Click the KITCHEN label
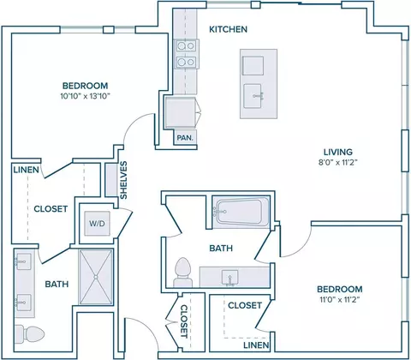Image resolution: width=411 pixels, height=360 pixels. [x=228, y=29]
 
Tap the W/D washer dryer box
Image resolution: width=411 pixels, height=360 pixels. [x=97, y=224]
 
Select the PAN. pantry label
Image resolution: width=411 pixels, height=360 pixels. [x=185, y=138]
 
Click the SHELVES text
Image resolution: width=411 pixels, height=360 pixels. [x=123, y=180]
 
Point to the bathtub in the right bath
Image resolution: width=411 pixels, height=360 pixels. [x=241, y=212]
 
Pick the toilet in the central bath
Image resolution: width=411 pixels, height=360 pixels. [x=183, y=273]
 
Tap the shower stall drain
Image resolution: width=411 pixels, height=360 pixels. [x=96, y=277]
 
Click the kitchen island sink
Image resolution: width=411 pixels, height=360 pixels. [x=253, y=96]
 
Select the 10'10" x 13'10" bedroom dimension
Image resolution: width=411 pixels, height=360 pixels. [x=85, y=96]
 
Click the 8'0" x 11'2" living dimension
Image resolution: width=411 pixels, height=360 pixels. [x=338, y=163]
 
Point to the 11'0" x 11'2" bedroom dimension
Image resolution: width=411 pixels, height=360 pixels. [x=340, y=300]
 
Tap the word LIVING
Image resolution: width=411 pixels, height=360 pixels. [x=338, y=152]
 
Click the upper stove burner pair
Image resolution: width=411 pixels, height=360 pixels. [x=186, y=45]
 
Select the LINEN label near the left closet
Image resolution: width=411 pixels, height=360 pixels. [x=26, y=170]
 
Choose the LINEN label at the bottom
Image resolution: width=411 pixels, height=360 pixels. [x=256, y=345]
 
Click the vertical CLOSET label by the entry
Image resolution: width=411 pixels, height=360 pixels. [x=184, y=321]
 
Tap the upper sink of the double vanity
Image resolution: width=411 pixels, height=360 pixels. [x=23, y=261]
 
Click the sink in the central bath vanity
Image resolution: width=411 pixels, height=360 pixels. [x=230, y=278]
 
